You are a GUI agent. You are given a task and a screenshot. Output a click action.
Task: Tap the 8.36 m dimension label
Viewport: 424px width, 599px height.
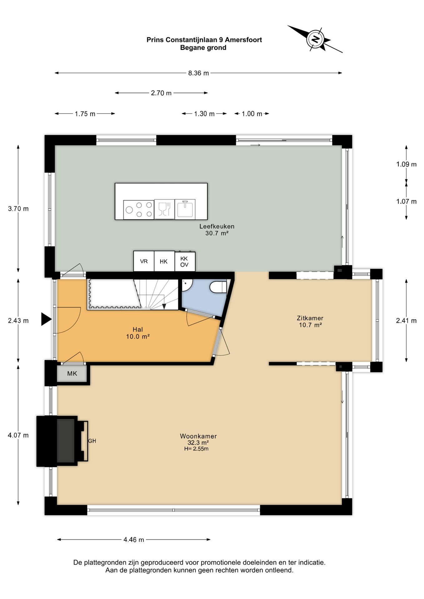198,73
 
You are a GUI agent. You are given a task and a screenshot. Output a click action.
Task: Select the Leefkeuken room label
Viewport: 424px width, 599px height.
217,226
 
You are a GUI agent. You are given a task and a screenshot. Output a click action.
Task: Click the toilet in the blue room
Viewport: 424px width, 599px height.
218,287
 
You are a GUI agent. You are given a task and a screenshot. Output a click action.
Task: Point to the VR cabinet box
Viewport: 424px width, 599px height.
144,261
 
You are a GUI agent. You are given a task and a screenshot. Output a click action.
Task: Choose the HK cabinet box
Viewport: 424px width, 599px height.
164,261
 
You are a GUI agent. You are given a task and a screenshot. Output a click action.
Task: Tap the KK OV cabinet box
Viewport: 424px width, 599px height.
185,261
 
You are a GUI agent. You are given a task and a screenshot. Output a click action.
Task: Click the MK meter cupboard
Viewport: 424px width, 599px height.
72,373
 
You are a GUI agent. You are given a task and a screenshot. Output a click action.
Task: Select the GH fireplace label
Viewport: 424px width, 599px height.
92,441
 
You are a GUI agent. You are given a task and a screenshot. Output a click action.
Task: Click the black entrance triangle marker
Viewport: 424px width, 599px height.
46,319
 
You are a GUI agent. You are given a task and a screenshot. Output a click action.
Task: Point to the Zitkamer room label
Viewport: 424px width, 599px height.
310,318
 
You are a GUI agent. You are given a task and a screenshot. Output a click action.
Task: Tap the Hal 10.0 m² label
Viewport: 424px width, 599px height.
138,333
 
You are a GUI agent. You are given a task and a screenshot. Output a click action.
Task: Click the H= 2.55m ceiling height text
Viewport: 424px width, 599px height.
196,449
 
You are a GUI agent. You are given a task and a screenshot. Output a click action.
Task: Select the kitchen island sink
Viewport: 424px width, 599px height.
185,209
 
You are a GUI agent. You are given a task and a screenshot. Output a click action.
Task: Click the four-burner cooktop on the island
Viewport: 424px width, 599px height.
139,210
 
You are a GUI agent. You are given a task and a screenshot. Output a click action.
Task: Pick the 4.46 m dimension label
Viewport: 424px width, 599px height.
134,540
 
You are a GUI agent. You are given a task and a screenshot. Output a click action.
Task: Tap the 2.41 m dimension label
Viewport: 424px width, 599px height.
406,320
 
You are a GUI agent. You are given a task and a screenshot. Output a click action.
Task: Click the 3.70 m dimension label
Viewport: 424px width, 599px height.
18,209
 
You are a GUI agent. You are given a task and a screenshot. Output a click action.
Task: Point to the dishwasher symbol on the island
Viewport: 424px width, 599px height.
165,209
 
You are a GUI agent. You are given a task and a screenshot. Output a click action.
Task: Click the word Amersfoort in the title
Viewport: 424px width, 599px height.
244,40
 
